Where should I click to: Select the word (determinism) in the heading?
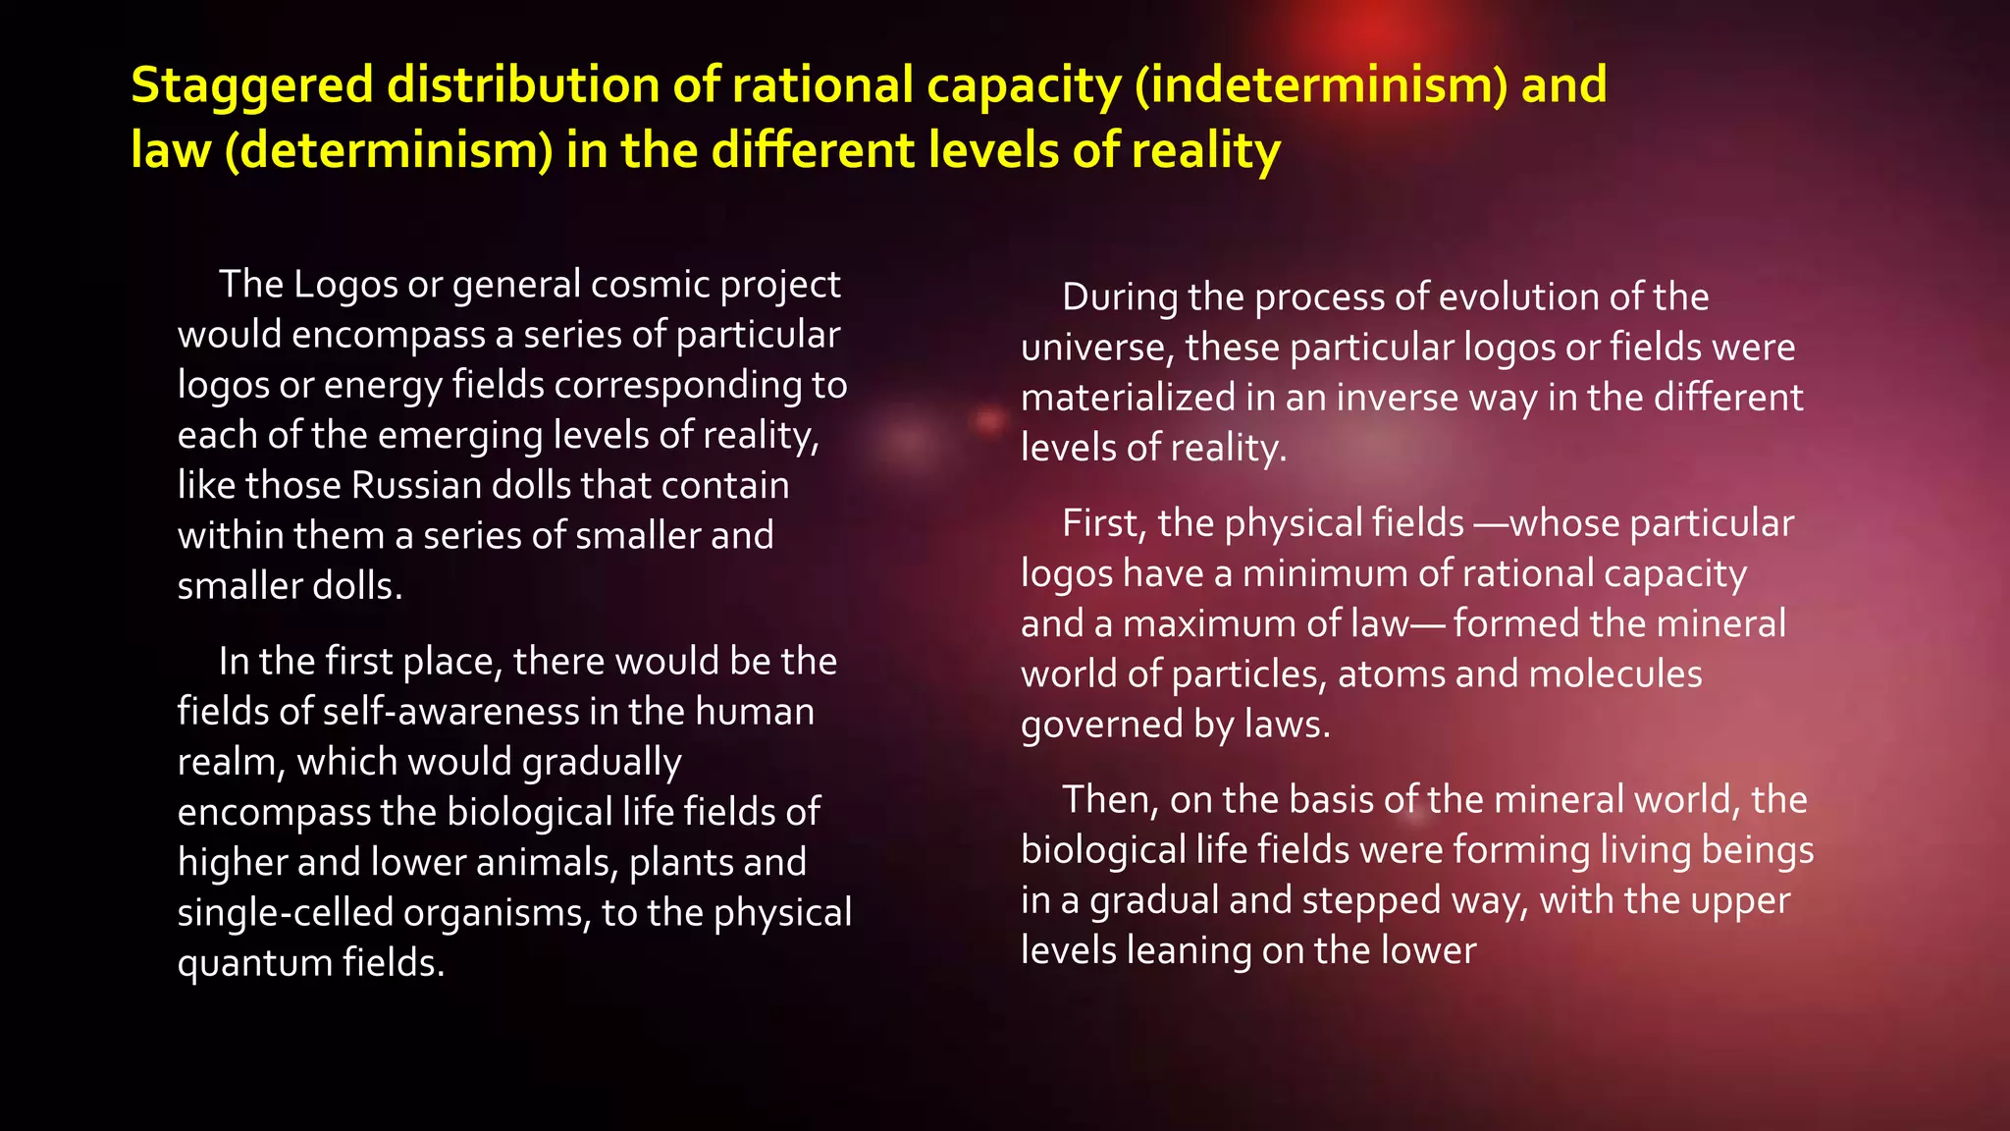tap(389, 151)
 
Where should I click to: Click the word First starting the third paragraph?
tap(1103, 523)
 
